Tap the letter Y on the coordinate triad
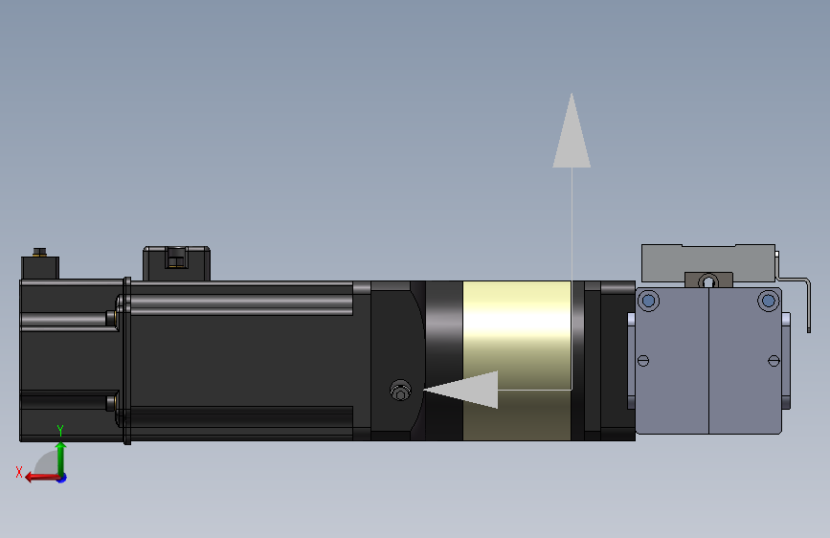59,430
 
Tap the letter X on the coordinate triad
18,471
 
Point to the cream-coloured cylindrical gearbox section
517,335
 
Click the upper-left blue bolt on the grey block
648,301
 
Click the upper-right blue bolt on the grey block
768,301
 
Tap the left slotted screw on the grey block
642,360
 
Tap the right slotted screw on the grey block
774,360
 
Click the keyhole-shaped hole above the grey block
708,280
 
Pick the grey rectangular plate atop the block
708,258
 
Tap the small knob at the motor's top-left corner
39,254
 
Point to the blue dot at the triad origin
60,477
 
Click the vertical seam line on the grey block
708,360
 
